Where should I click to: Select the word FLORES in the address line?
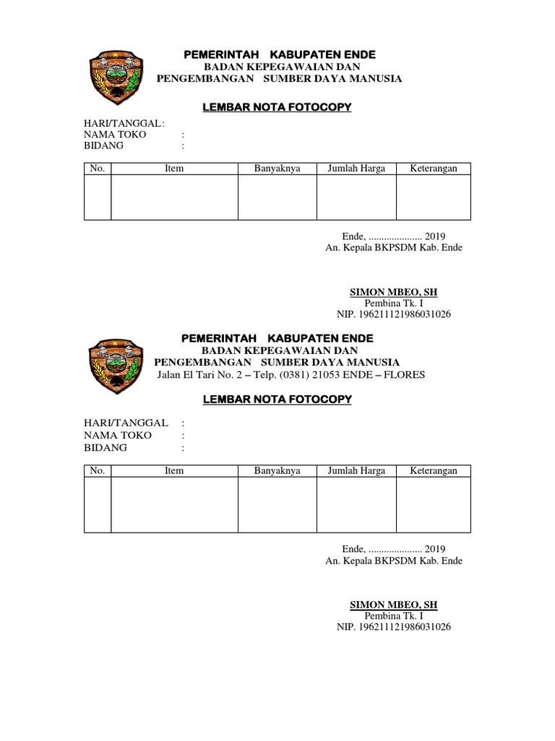pyautogui.click(x=406, y=374)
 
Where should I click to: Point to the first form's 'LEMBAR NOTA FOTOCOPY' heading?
pyautogui.click(x=277, y=107)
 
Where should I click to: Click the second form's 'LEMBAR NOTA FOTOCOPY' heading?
pyautogui.click(x=277, y=399)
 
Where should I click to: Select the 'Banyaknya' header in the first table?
pyautogui.click(x=277, y=169)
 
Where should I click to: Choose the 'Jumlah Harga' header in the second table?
pyautogui.click(x=356, y=470)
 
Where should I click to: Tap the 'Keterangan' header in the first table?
pyautogui.click(x=434, y=169)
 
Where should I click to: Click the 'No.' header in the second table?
pyautogui.click(x=98, y=470)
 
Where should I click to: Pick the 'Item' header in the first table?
pyautogui.click(x=174, y=169)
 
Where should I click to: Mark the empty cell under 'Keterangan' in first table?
pyautogui.click(x=434, y=197)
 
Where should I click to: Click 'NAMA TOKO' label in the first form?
pyautogui.click(x=115, y=135)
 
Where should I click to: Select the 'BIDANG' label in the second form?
pyautogui.click(x=106, y=447)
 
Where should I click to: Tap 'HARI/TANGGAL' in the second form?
pyautogui.click(x=126, y=423)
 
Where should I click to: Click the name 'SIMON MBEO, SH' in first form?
pyautogui.click(x=393, y=292)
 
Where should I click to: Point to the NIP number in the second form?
pyautogui.click(x=394, y=627)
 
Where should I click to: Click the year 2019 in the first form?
pyautogui.click(x=435, y=236)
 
